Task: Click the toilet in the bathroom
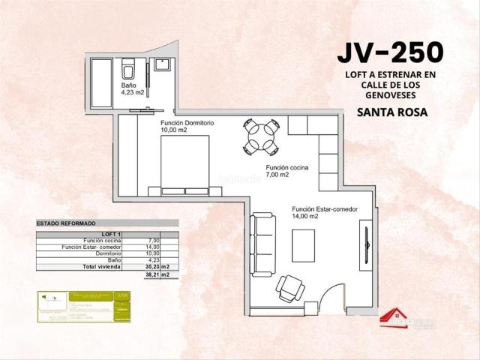(127, 70)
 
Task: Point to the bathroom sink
(161, 65)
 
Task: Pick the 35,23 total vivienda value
(152, 266)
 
